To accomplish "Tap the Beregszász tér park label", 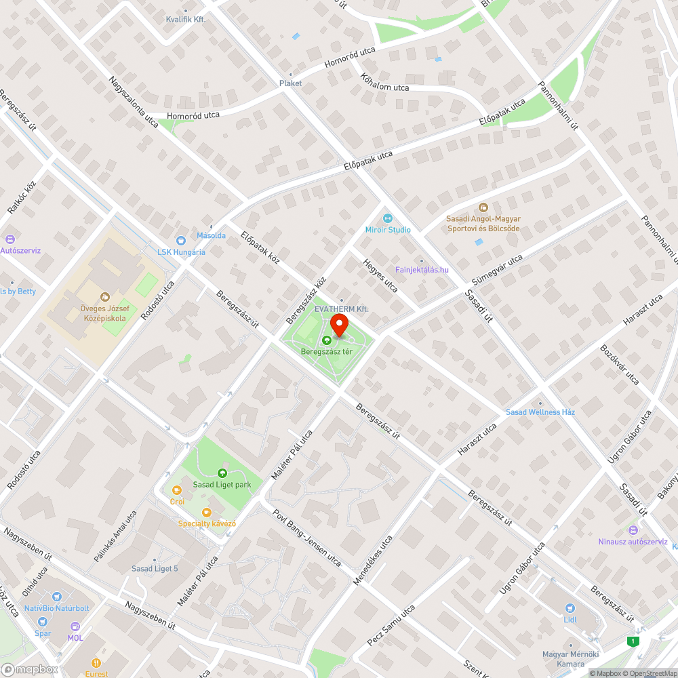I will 326,352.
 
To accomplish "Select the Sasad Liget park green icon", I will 222,473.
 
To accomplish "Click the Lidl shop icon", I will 570,607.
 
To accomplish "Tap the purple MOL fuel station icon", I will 75,627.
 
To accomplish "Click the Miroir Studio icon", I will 388,218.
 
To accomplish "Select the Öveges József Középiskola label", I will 104,319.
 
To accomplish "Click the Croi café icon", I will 177,490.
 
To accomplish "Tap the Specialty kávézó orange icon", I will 207,513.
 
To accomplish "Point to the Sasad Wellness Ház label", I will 540,412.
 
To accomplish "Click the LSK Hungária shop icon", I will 180,241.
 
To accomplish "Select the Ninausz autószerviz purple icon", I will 633,530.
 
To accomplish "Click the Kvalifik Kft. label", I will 185,20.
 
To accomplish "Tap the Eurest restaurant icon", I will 96,663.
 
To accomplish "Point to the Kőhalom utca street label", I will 385,82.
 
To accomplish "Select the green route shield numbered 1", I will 633,641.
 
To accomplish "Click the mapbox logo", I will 31,669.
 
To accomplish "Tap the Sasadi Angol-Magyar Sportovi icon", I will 483,207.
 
